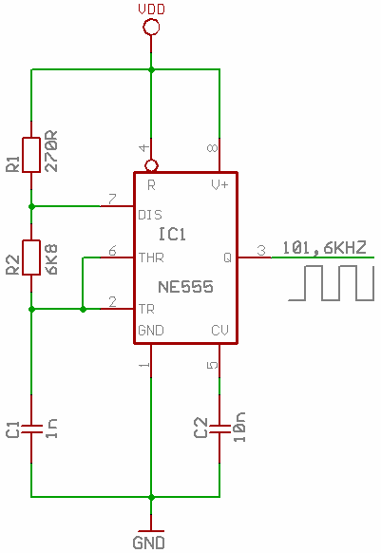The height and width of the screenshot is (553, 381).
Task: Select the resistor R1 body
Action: tap(31, 155)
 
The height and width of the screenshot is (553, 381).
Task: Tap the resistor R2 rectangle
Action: tap(31, 257)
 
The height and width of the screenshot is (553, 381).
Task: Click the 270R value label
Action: tap(52, 151)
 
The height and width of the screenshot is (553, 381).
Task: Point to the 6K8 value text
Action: tap(52, 259)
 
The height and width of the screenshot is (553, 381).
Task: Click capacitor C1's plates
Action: tap(31, 429)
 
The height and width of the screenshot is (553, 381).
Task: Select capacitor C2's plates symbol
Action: tap(219, 429)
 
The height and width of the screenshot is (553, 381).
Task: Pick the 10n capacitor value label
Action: tap(239, 427)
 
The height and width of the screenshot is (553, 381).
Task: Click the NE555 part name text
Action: tap(185, 287)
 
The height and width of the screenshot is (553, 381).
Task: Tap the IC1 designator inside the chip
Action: tap(173, 234)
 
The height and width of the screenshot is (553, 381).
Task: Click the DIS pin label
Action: tap(150, 215)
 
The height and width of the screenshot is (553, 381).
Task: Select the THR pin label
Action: tap(151, 257)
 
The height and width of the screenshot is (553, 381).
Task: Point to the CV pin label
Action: tap(219, 330)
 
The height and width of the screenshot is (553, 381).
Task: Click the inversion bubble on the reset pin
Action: tap(151, 165)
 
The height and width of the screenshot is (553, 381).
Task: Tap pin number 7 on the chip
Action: tap(112, 200)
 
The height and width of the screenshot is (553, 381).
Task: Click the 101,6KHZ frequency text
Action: tap(325, 248)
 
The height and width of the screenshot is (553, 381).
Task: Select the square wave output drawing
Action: tap(332, 283)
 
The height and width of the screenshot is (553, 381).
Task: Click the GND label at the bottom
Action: tap(148, 543)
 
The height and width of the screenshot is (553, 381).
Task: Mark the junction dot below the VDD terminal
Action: tap(151, 69)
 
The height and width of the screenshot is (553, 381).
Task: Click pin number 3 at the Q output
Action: tap(261, 251)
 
